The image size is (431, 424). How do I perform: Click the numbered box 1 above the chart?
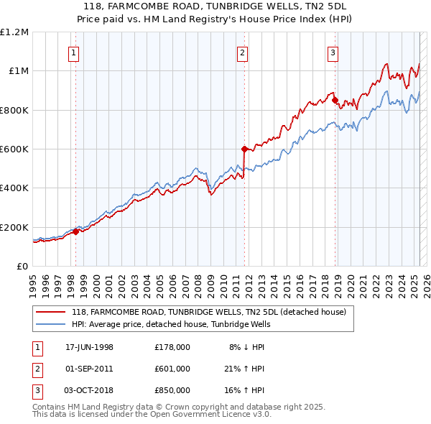75,52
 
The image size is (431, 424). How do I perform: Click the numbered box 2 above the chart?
243,52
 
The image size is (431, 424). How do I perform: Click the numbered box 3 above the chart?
333,52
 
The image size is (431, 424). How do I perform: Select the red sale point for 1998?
75,231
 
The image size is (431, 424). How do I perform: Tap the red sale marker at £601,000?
244,149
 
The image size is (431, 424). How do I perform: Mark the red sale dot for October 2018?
335,100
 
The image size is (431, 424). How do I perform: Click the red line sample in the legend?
51,312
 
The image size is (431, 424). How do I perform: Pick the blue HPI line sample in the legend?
51,324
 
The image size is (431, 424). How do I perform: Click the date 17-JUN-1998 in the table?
90,347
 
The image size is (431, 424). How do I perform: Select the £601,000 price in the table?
172,369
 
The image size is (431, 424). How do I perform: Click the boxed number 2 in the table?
37,369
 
